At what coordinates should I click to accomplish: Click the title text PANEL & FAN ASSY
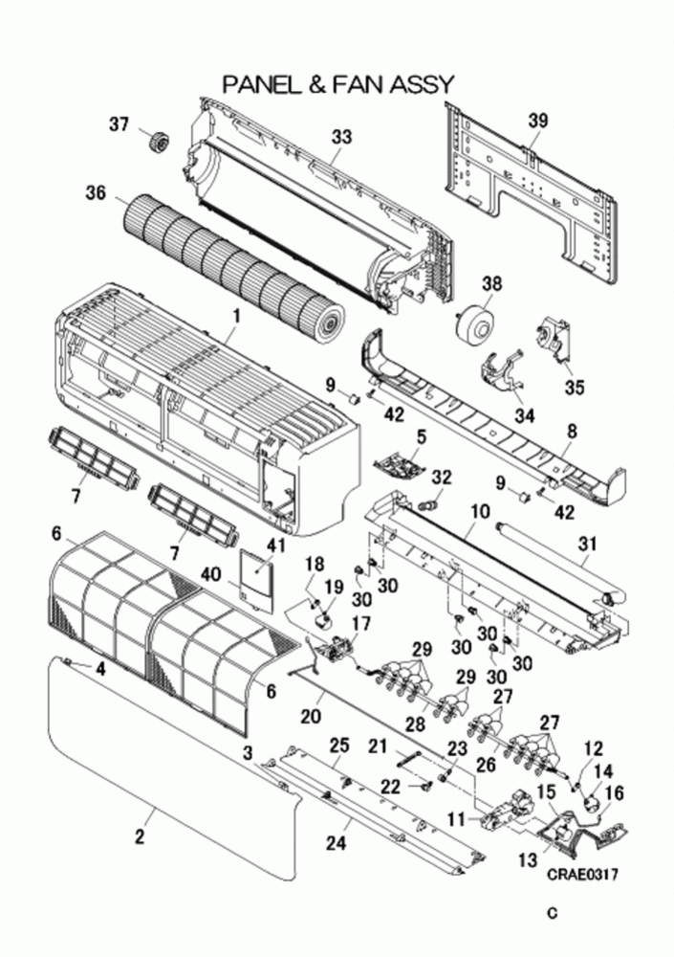[x=337, y=85]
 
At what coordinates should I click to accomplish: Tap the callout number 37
[x=118, y=124]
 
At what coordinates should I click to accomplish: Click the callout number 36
[x=95, y=192]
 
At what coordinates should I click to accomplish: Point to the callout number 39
[x=538, y=120]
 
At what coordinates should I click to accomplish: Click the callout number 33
[x=341, y=137]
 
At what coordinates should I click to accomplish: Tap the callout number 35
[x=573, y=387]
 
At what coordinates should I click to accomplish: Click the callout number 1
[x=237, y=315]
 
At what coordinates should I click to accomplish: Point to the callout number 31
[x=586, y=544]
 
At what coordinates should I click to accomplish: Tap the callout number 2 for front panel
[x=140, y=837]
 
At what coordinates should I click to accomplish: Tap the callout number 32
[x=441, y=477]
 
